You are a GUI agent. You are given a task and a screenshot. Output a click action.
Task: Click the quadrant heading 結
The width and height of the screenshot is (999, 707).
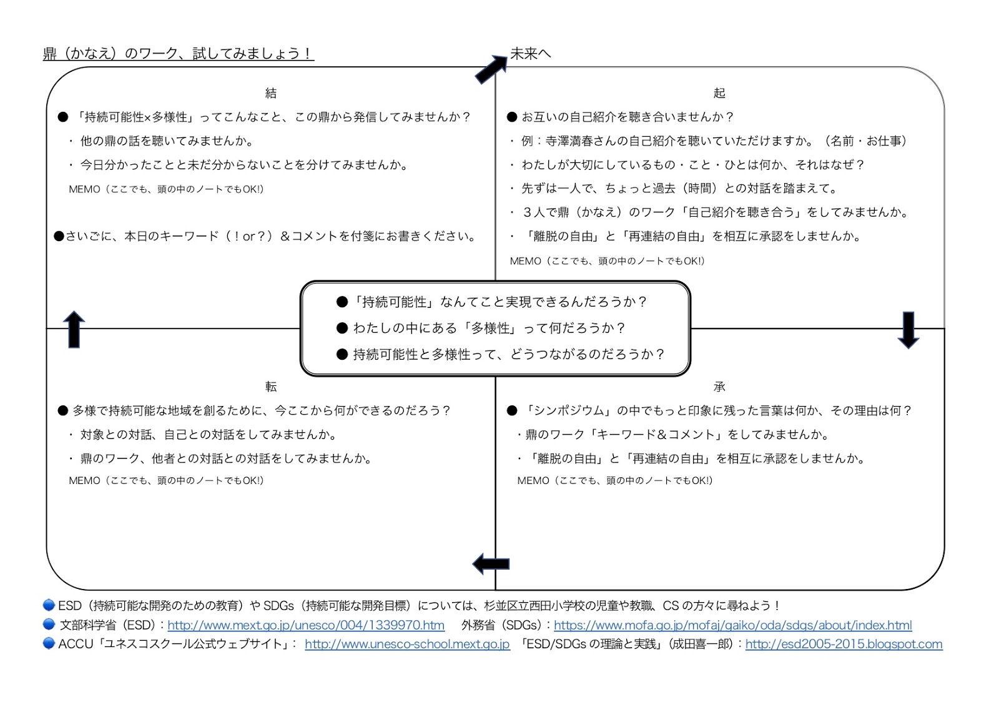click(270, 93)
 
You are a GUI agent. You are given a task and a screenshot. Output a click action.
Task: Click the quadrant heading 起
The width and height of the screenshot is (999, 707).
click(719, 93)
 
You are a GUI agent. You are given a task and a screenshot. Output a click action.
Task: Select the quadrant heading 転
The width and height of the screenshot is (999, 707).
click(270, 387)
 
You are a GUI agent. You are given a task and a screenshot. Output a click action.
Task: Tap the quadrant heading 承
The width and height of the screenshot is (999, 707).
click(719, 387)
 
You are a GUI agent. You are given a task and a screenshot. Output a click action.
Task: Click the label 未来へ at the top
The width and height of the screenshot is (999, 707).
click(531, 54)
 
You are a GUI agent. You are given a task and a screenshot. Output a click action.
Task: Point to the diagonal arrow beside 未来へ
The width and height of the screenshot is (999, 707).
click(491, 69)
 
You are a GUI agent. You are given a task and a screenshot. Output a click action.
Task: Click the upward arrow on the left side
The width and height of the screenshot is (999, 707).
click(74, 329)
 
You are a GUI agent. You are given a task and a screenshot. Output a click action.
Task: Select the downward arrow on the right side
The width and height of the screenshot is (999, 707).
click(908, 329)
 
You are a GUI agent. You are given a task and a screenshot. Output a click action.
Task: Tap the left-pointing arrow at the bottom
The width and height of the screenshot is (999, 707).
click(491, 564)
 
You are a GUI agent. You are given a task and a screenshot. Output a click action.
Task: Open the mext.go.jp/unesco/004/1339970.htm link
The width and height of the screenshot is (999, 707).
click(306, 625)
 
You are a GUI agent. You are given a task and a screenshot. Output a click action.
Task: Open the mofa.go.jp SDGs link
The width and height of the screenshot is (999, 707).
click(732, 625)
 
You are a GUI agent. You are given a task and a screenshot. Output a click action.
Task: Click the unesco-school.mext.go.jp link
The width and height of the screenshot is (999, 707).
click(407, 644)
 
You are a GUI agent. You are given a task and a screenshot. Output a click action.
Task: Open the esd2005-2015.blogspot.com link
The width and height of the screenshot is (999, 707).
click(844, 644)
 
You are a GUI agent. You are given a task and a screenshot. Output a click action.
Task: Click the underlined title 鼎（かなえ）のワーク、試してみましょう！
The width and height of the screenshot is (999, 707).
click(178, 54)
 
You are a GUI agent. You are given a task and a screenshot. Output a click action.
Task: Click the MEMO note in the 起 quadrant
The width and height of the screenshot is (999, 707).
click(607, 261)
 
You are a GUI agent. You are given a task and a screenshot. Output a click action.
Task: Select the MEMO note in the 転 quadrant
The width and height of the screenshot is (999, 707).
click(166, 480)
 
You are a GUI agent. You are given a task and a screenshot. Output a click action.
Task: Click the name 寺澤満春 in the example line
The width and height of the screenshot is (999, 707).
click(569, 141)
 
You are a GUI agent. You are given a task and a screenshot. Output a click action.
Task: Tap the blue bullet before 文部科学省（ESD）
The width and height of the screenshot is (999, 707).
click(49, 624)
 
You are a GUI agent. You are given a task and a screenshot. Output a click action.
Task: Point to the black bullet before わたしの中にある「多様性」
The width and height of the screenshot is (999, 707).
click(342, 328)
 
